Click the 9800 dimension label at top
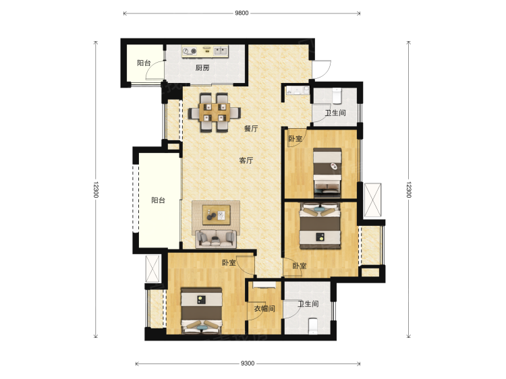tap(242, 13)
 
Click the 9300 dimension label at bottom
tap(248, 363)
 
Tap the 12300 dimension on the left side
tap(96, 189)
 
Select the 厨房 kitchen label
tap(202, 68)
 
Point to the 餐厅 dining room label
tap(251, 128)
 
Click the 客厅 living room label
tap(246, 161)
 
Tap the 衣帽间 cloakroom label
tap(264, 309)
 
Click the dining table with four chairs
tap(215, 112)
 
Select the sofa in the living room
tap(216, 239)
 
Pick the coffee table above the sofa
tap(216, 215)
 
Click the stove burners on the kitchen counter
tap(190, 51)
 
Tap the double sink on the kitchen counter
tap(221, 51)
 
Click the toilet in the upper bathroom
tap(337, 96)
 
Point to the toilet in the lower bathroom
tap(313, 326)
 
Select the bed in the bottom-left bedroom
tap(201, 311)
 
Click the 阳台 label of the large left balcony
tap(158, 200)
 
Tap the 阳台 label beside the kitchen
tap(144, 63)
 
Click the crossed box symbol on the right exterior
tap(372, 200)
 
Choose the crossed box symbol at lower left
tap(152, 269)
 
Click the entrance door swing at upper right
tap(322, 69)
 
